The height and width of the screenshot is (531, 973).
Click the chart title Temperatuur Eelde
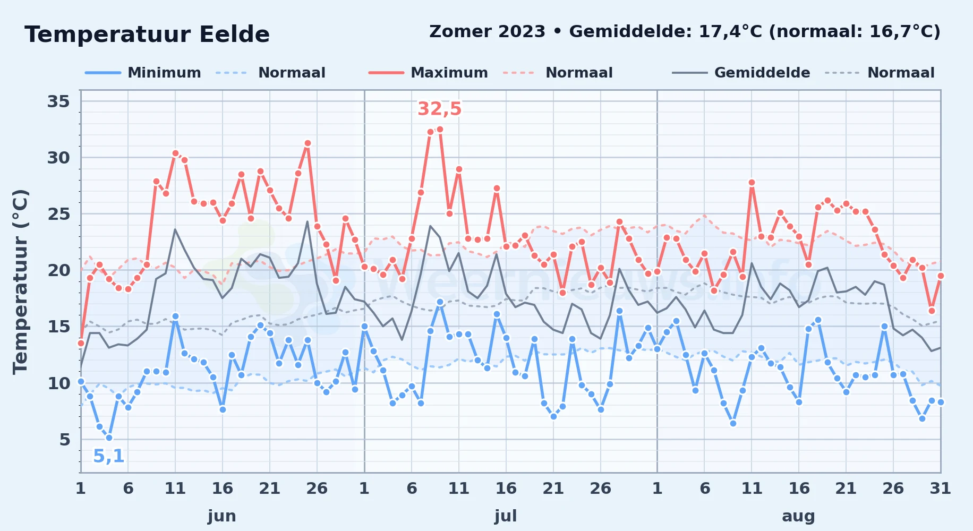147,35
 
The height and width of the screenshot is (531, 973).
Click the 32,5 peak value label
440,109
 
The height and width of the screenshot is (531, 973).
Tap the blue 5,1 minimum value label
109,456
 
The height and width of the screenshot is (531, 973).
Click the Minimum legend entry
143,73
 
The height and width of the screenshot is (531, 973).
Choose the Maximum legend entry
428,73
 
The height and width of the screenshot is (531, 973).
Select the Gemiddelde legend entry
741,73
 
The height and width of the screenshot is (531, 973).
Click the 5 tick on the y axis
65,440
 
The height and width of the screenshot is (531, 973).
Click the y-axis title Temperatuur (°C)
20,281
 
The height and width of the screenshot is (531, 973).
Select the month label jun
222,516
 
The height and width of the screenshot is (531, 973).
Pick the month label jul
506,516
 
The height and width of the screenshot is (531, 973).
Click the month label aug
798,516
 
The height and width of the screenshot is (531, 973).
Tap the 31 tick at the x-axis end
940,488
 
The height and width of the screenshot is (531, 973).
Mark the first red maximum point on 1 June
81,343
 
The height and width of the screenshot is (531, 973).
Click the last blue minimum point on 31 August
941,402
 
